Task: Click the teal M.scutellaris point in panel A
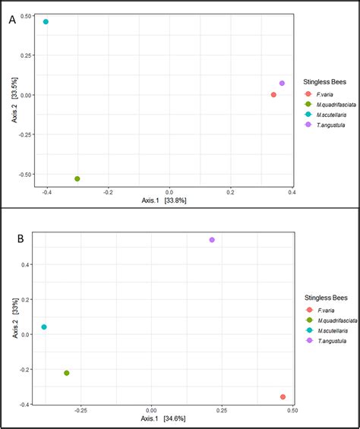(46, 22)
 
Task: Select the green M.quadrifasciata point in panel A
(77, 178)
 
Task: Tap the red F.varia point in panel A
(273, 95)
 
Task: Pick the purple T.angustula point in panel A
(282, 84)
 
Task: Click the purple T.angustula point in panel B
(212, 240)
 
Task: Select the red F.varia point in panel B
(283, 397)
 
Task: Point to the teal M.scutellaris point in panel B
(44, 327)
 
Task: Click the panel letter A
(12, 21)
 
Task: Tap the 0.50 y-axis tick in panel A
(24, 16)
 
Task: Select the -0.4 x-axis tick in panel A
(46, 192)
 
